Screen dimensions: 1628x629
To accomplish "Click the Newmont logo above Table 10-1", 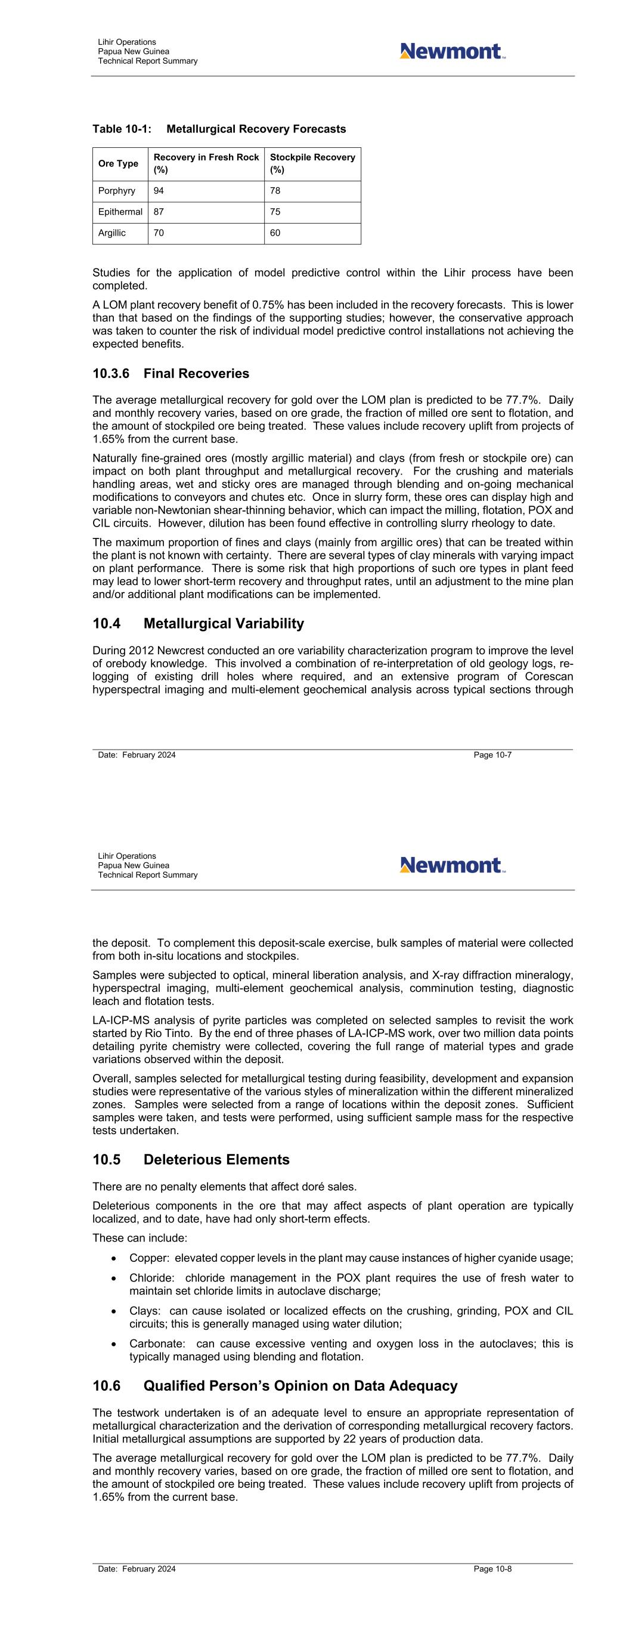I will (452, 51).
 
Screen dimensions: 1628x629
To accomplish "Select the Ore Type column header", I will (118, 163).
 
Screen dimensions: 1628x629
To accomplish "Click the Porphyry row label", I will (116, 191).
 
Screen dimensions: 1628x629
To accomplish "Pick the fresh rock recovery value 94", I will (159, 191).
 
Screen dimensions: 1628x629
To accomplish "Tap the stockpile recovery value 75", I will (275, 212).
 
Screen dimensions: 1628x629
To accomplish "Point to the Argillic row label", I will (112, 233).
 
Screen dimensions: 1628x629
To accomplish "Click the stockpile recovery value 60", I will (275, 233).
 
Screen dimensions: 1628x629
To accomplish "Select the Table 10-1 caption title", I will (219, 129).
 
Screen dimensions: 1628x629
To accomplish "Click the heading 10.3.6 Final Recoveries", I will (171, 373).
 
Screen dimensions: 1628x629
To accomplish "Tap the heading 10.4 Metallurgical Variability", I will (198, 624).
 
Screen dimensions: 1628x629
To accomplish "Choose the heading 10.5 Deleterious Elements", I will (191, 1160).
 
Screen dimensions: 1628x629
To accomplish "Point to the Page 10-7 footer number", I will (492, 754).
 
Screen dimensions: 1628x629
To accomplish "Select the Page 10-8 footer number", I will (492, 1568).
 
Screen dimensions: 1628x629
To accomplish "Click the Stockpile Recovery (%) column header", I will (312, 163).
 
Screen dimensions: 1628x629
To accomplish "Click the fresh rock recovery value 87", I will (159, 212).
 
